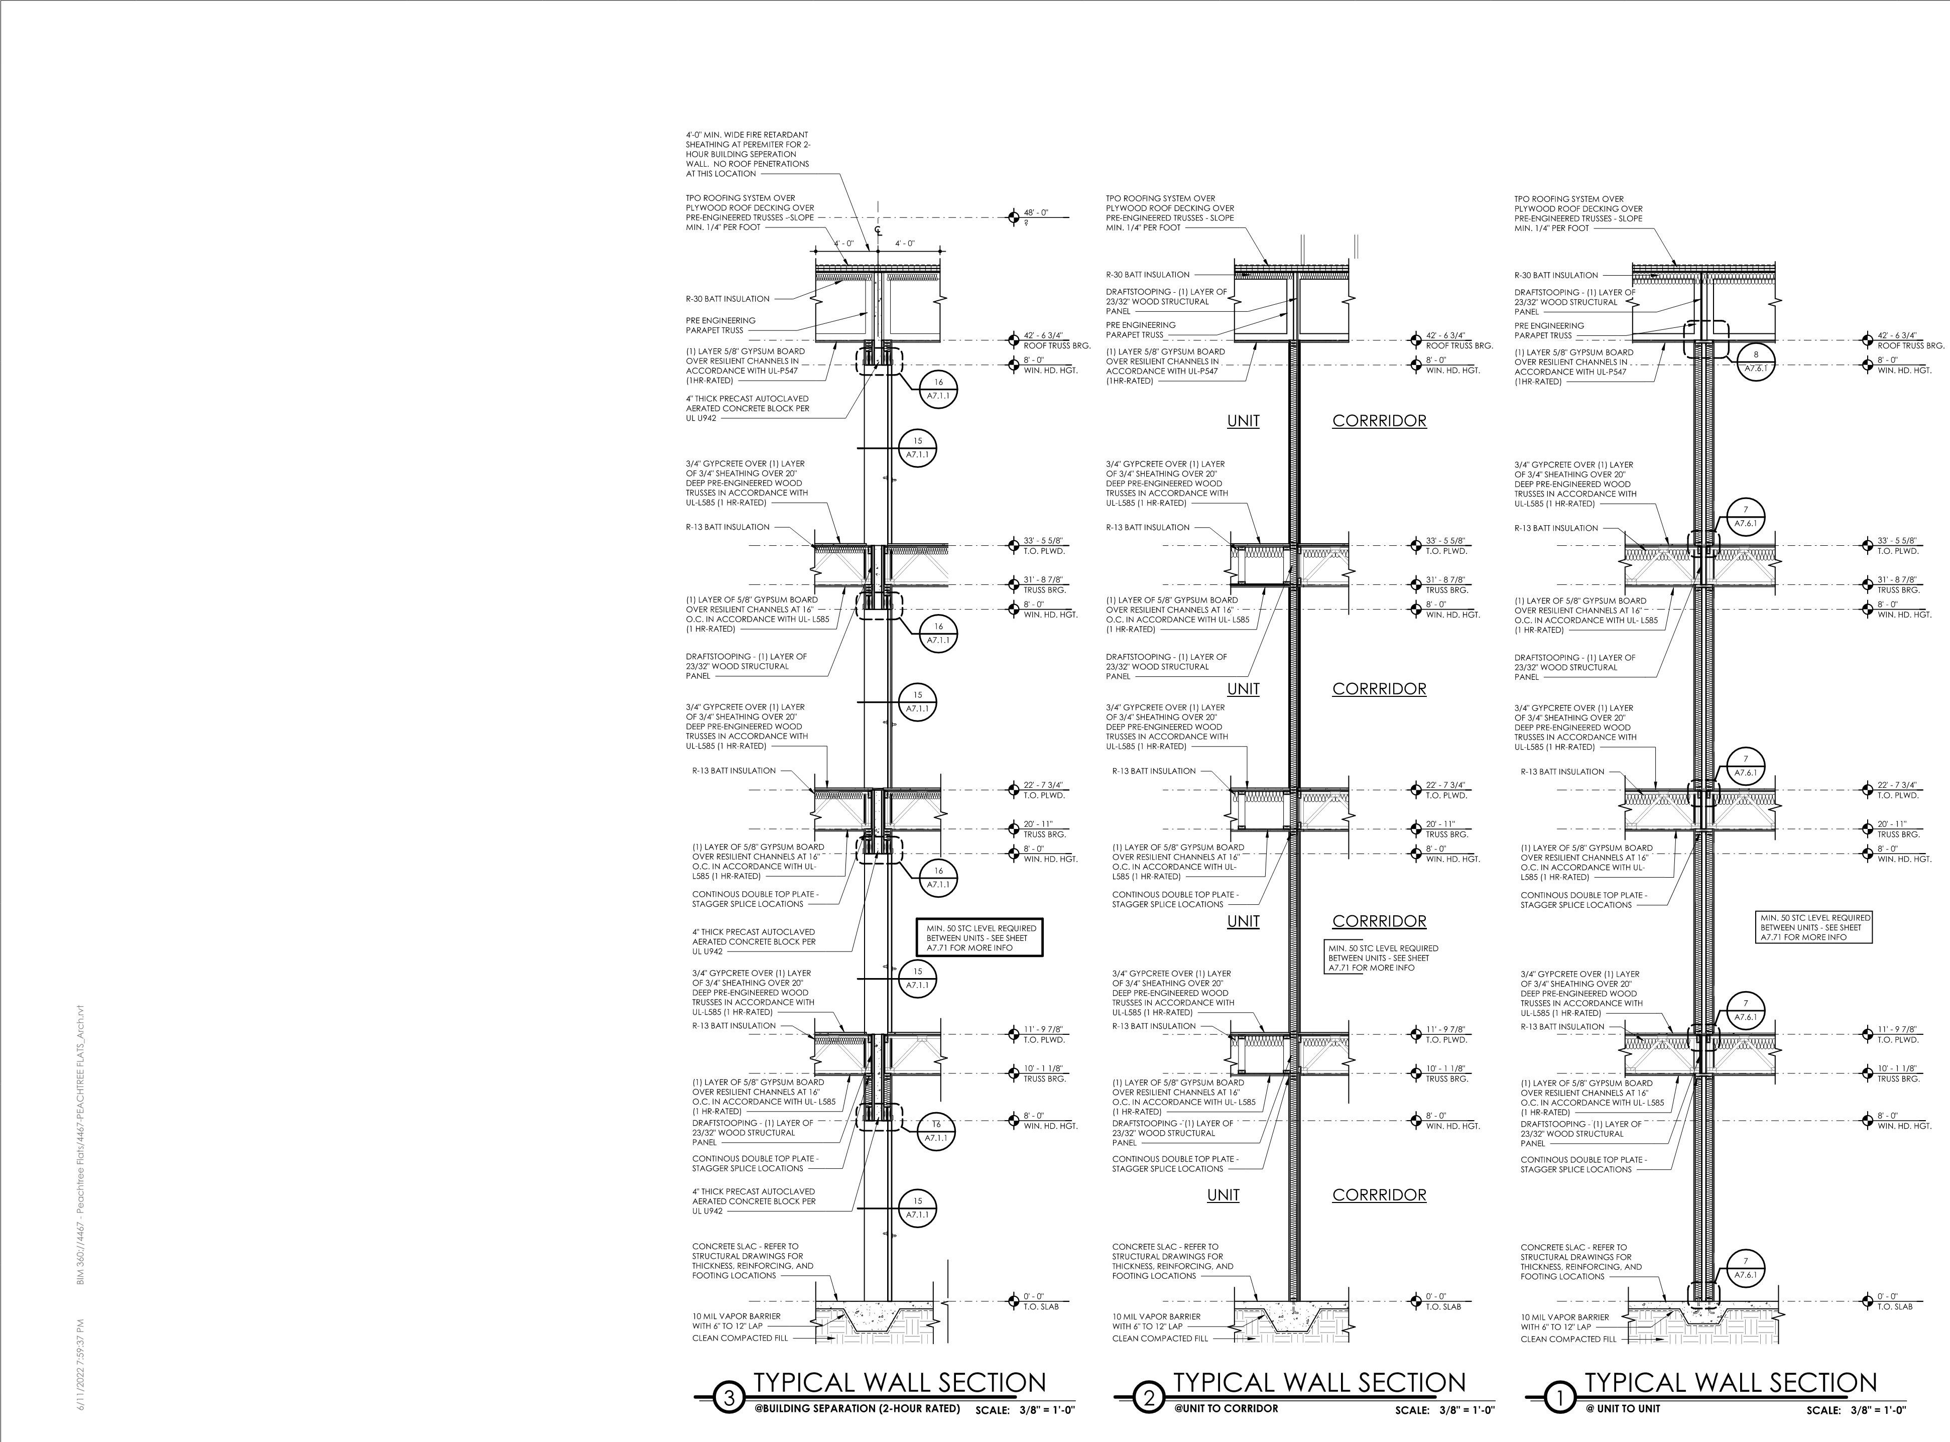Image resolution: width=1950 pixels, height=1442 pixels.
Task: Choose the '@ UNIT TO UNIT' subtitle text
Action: (x=1624, y=1408)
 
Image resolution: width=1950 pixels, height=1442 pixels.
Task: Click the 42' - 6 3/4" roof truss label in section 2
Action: (x=1445, y=336)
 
